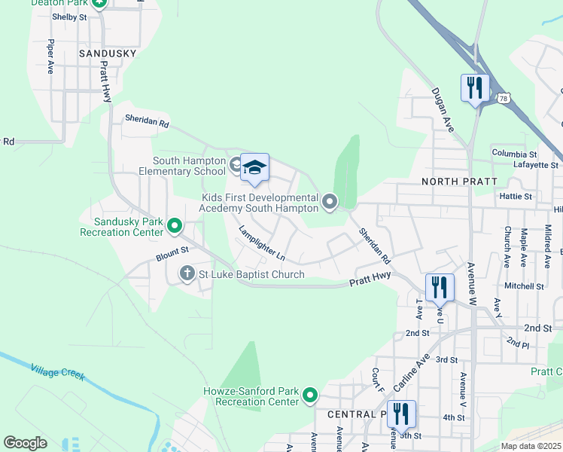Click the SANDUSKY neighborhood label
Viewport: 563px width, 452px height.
pos(108,53)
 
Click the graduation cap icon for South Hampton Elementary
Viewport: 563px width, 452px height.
pos(254,167)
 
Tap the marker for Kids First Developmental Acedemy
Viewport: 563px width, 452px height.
pos(330,201)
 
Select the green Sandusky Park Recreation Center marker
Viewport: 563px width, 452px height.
pos(175,225)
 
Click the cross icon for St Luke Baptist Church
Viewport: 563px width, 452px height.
pos(187,274)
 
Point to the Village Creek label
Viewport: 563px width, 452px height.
pos(59,374)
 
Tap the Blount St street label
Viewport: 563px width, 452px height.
pos(171,257)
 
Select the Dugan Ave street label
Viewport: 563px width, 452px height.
pos(442,110)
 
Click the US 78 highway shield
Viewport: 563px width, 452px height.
pos(503,98)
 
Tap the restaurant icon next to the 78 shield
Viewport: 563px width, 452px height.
pos(474,87)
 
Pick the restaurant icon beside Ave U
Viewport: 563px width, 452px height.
pos(440,286)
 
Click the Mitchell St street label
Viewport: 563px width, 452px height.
pos(524,286)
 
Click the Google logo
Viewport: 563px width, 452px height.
pos(26,442)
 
